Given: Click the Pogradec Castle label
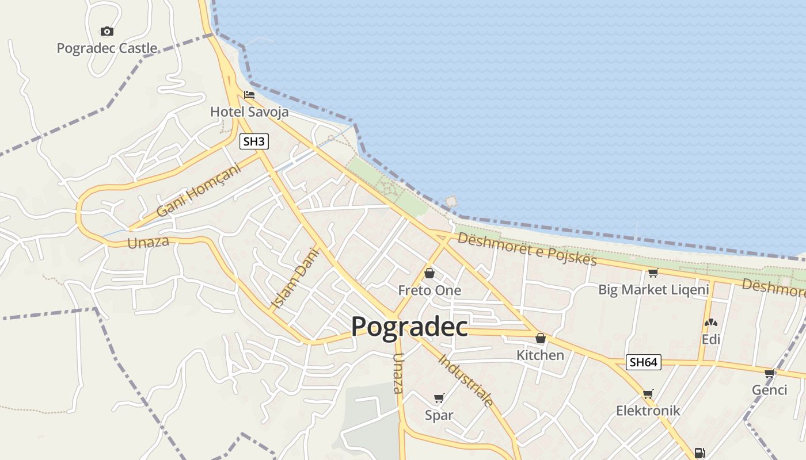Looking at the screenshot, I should (107, 48).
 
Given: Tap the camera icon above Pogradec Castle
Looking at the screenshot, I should (107, 31).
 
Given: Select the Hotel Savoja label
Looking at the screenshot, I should (249, 112).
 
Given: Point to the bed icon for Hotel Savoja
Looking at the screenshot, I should (249, 94).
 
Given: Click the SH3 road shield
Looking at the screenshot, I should (254, 141).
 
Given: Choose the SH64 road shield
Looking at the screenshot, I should (643, 362).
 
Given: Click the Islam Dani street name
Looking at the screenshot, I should (294, 278).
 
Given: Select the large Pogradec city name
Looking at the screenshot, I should (409, 327).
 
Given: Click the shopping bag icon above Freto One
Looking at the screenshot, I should (429, 273).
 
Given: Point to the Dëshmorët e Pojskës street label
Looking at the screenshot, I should (527, 249).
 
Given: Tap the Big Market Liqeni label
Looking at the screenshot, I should (653, 289).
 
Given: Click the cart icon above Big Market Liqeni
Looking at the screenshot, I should (653, 273).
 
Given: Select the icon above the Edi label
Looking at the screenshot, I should (711, 324).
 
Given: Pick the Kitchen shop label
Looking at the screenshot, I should (540, 355).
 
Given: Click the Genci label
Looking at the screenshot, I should (769, 390).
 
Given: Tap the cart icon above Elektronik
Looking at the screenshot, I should (648, 394).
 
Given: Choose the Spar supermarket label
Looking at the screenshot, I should (439, 415).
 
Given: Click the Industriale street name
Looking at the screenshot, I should (466, 381).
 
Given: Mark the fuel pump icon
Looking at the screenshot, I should (699, 453).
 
